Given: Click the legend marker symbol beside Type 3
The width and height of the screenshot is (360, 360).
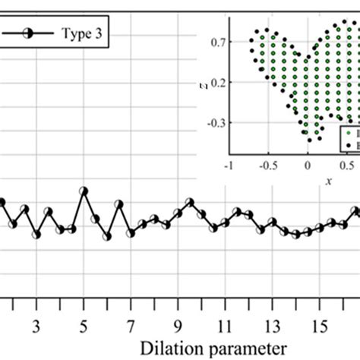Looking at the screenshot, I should click(x=25, y=35).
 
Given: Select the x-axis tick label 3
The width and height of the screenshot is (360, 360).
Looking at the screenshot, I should click(x=36, y=327).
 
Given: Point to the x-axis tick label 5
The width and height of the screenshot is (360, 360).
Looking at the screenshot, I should click(x=84, y=327).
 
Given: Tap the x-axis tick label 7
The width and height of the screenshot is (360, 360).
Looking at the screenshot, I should click(x=131, y=327).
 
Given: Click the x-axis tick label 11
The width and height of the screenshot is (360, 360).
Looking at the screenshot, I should click(x=225, y=327).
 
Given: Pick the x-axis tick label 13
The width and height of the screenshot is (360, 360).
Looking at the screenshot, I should click(x=272, y=327).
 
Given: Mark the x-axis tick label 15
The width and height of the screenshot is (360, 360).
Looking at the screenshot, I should click(x=320, y=327).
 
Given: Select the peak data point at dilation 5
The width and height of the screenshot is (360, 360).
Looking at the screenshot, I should click(x=84, y=191).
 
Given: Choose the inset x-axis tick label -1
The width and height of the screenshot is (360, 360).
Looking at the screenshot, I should click(x=227, y=164).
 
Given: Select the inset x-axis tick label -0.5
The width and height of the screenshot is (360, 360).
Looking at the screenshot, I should click(x=267, y=164).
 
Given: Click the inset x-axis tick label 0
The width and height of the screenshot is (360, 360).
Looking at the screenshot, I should click(x=308, y=164).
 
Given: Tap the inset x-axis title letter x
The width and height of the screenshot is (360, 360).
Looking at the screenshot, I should click(x=328, y=182).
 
